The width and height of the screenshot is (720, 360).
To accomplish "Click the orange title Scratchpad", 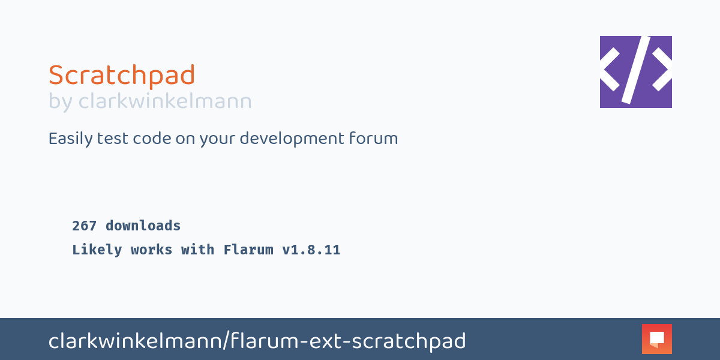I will pos(122,76).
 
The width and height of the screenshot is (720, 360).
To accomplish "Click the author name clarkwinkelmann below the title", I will pos(165,101).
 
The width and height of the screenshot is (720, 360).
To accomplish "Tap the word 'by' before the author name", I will pos(60,102).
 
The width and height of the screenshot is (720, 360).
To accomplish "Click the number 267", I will pos(85,226).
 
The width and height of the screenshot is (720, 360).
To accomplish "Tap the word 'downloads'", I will pos(143,226).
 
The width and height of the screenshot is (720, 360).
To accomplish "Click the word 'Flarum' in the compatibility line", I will pos(248,250).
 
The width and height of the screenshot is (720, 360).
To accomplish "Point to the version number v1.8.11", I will pos(311,250).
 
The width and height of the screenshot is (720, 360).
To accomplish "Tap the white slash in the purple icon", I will pos(636,70).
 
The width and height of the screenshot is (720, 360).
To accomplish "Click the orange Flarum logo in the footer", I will pos(656,339).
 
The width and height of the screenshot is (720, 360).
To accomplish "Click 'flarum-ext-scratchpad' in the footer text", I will pos(349,341).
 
